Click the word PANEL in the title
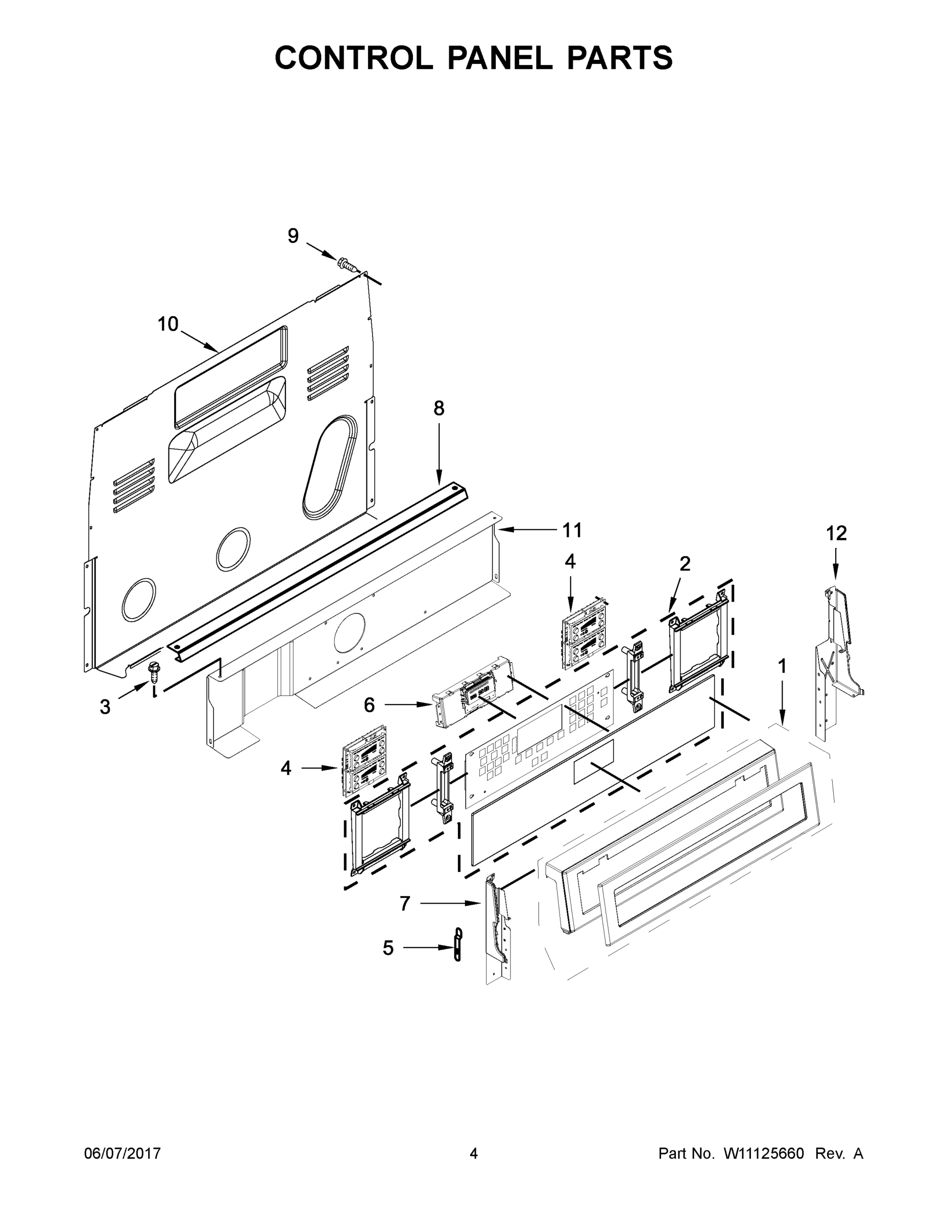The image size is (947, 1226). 499,58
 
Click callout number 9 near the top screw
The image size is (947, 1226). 293,237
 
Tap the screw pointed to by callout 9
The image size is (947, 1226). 348,264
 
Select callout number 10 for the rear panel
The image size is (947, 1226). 168,324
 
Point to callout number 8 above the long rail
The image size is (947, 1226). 439,409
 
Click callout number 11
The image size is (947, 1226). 572,530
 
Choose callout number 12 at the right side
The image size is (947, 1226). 836,533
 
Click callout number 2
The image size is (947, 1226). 685,563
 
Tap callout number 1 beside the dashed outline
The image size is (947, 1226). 782,666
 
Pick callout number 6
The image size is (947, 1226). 369,705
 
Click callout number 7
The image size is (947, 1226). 405,903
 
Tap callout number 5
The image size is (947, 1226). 388,948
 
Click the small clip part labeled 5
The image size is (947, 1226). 458,945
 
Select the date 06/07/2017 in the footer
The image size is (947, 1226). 123,1153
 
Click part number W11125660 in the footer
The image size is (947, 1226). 764,1153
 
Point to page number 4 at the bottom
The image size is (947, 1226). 474,1153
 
